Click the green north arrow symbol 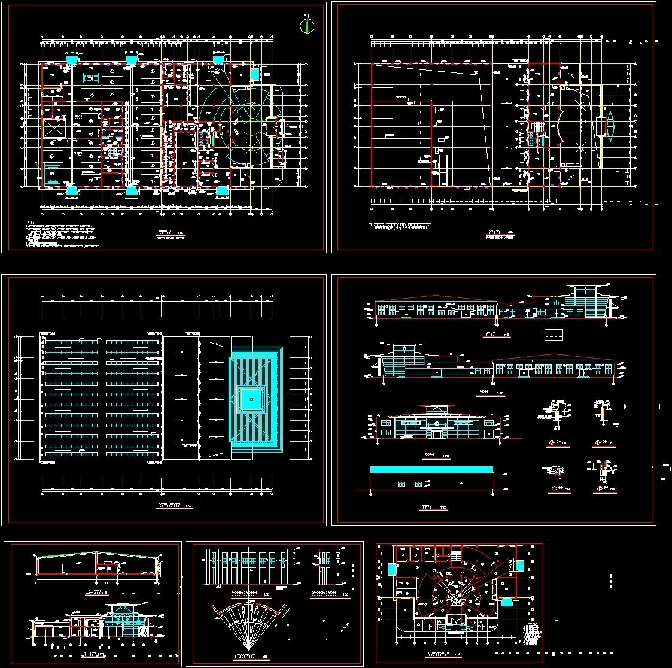(307, 26)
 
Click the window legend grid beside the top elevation (554, 335)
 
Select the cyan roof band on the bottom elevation (431, 469)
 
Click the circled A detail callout (550, 443)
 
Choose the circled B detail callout (597, 443)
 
